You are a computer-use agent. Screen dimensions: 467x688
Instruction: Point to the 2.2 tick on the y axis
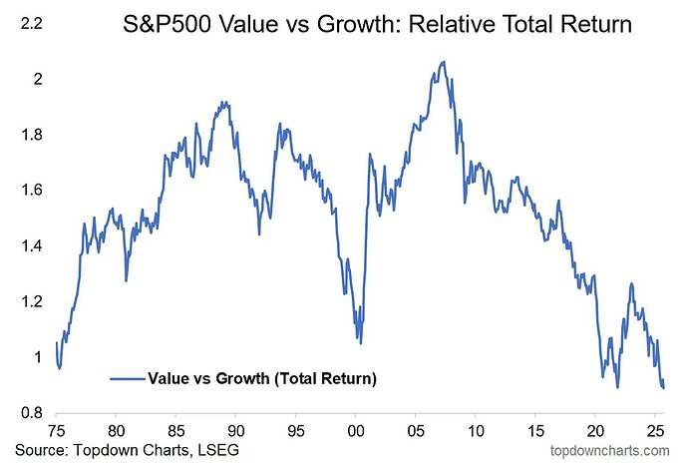click(31, 22)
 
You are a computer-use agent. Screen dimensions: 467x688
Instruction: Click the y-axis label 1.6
click(31, 190)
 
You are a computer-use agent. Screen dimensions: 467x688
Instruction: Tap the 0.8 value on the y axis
click(31, 413)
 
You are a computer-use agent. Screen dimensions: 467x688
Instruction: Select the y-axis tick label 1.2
click(31, 301)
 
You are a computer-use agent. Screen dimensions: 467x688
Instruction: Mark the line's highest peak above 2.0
click(443, 62)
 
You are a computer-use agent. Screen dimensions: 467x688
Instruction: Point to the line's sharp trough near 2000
click(360, 342)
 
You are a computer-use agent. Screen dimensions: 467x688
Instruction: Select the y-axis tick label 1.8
click(31, 134)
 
